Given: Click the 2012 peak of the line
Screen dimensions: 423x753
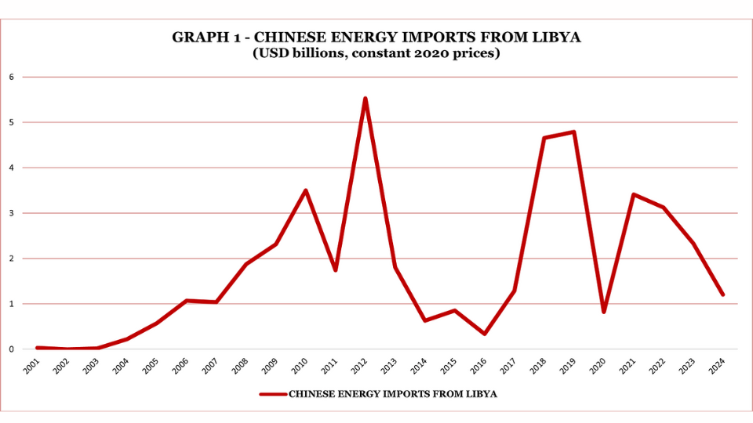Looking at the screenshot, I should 366,99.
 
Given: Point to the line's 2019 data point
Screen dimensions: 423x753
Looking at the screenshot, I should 574,132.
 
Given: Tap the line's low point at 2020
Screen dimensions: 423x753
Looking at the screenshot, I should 604,312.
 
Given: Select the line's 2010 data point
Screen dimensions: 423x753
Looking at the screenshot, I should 306,190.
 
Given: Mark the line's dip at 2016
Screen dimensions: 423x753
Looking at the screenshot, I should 485,334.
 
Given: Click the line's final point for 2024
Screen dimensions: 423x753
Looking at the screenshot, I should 722,295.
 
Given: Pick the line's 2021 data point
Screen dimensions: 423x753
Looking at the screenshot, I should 634,194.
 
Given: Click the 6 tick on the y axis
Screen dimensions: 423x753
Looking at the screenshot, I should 12,77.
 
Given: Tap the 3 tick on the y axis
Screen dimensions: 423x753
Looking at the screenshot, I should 12,213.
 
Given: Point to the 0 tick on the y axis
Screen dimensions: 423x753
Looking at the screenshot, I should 12,349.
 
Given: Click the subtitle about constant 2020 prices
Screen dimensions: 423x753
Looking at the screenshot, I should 376,54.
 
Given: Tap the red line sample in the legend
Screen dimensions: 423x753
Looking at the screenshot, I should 273,394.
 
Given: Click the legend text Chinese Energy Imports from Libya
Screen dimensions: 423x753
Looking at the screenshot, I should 393,394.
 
